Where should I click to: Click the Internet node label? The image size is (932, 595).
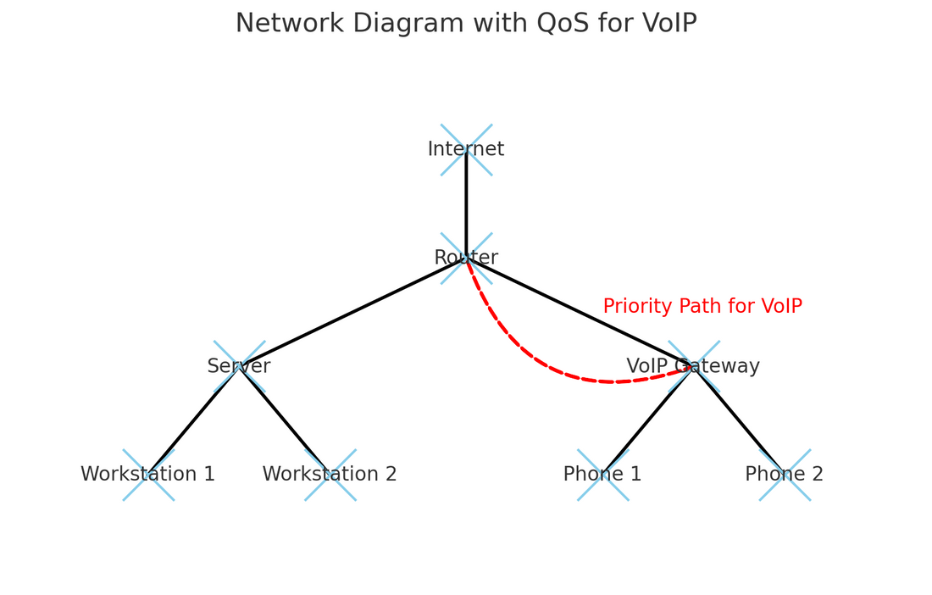tap(466, 150)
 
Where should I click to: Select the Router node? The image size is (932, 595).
tap(466, 259)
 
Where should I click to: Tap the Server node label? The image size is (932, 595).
tap(239, 367)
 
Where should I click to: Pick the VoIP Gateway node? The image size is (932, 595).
tap(694, 367)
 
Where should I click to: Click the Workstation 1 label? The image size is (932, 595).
tap(148, 475)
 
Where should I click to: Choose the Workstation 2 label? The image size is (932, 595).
tap(330, 475)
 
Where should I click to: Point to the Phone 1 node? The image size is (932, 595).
tap(603, 475)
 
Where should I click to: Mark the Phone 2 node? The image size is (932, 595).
tap(785, 475)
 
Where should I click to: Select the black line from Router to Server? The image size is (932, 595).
tap(352, 313)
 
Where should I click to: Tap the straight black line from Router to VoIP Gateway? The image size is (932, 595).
tap(580, 313)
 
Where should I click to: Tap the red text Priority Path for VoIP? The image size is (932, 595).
tap(702, 307)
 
